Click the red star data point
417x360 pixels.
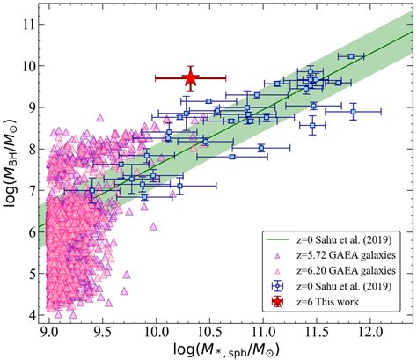coord(190,78)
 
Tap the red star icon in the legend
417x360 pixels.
coord(278,302)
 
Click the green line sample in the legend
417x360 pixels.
coord(278,237)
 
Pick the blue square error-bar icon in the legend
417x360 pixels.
coord(278,285)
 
